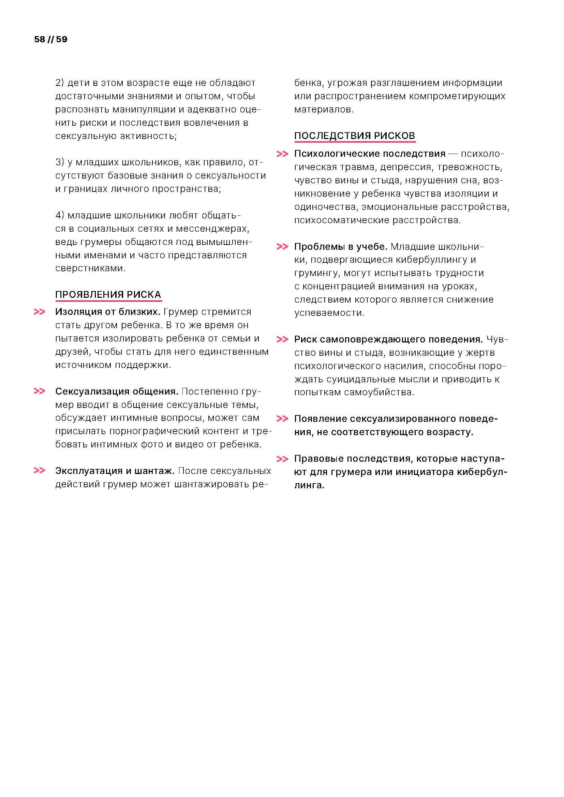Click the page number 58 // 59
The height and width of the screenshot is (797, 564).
coord(51,39)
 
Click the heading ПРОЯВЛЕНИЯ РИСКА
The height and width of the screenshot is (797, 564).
coord(108,294)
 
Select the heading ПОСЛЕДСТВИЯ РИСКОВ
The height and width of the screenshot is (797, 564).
coord(355,135)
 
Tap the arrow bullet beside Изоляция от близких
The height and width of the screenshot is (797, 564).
coord(40,312)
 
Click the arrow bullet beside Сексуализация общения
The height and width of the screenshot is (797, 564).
coord(40,391)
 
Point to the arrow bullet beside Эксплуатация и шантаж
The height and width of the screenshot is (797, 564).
coord(40,471)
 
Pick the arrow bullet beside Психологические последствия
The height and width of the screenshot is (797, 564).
coord(282,154)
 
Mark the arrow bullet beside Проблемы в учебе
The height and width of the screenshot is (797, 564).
coord(282,246)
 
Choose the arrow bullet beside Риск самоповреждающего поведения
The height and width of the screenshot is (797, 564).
coord(282,339)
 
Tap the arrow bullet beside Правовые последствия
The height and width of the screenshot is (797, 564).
coord(282,459)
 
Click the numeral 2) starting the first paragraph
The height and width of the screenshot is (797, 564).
coord(60,83)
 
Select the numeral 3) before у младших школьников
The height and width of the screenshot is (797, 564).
coord(60,162)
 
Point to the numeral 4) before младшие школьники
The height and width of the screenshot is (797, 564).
coord(60,215)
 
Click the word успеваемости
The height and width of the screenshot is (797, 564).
coord(329,313)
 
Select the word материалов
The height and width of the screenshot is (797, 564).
coord(323,109)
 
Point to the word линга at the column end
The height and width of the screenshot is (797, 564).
coord(309,485)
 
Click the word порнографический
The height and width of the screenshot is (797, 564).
coord(154,431)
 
